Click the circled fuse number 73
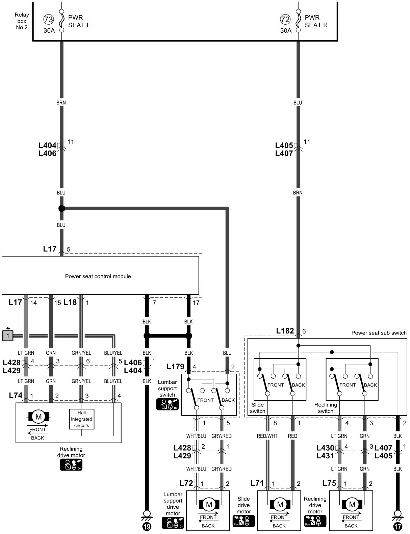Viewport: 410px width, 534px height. pos(49,20)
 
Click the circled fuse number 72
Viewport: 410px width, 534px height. pos(285,20)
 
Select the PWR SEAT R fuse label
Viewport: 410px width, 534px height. pos(316,21)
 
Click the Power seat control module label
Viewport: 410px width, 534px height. pos(98,276)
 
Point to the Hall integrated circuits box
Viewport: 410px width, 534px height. pos(82,419)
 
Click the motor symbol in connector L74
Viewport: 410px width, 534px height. pos(39,417)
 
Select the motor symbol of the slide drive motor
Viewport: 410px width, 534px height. pos(280,505)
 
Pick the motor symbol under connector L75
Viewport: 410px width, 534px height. pos(352,505)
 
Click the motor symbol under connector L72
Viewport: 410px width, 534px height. pos(209,505)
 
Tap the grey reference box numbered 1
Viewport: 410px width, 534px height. pos(7,336)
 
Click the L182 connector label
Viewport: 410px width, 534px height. pos(285,331)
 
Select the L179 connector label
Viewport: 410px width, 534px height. pos(175,367)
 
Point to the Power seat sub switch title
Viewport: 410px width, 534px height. pos(379,333)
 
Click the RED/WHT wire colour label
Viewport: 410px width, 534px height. pos(267,436)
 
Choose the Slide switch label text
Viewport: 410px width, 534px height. pos(258,408)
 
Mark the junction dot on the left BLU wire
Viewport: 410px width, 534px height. pos(61,208)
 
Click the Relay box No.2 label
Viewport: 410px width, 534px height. pos(22,21)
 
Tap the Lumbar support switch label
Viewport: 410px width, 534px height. pos(168,388)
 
